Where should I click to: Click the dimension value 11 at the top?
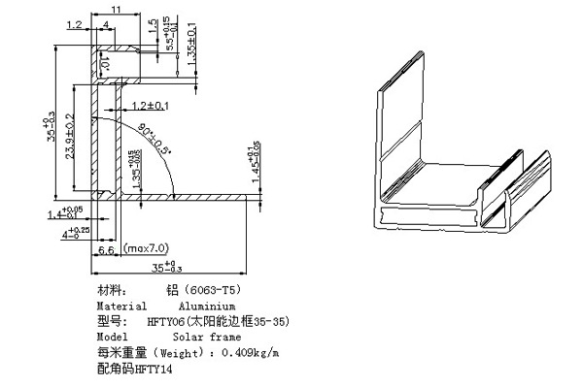point(116,9)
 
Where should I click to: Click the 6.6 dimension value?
point(108,251)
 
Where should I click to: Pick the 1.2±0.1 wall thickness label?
point(150,105)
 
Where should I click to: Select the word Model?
point(114,337)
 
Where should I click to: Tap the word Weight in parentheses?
point(180,352)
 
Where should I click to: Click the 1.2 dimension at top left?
point(75,25)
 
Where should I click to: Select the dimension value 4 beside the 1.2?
point(105,25)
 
